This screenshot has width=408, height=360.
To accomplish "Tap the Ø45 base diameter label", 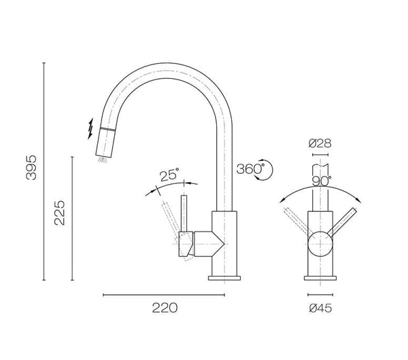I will [320, 308].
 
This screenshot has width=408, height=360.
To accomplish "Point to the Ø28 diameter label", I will [319, 143].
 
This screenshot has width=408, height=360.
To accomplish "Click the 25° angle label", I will [170, 175].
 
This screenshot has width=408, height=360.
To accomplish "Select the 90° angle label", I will [321, 181].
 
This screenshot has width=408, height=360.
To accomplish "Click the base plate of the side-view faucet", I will [225, 277].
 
